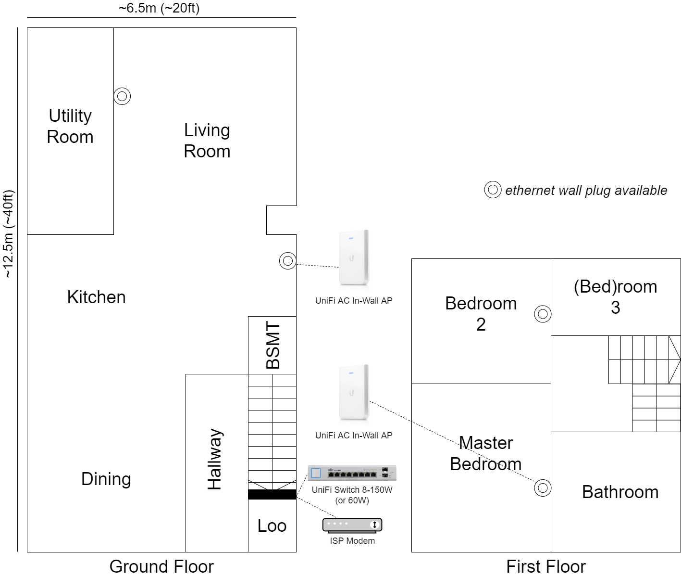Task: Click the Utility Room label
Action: (70, 126)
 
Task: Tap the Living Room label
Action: (207, 141)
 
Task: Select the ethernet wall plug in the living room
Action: (122, 96)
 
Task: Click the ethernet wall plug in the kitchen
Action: (287, 261)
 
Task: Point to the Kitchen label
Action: (96, 297)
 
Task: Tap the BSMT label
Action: (272, 345)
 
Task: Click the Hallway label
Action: (214, 459)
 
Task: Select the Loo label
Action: (272, 526)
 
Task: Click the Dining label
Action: (106, 479)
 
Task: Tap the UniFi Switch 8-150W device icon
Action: (352, 473)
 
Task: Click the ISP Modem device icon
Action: (352, 525)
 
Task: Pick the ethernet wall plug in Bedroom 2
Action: (543, 314)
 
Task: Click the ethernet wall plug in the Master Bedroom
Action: (543, 488)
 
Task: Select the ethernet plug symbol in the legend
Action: (493, 190)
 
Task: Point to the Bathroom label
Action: (620, 492)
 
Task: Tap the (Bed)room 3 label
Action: (615, 297)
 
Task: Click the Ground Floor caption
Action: (161, 566)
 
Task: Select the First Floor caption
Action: (546, 566)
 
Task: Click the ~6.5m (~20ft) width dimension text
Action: (159, 8)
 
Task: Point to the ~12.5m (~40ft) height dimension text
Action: (9, 234)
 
